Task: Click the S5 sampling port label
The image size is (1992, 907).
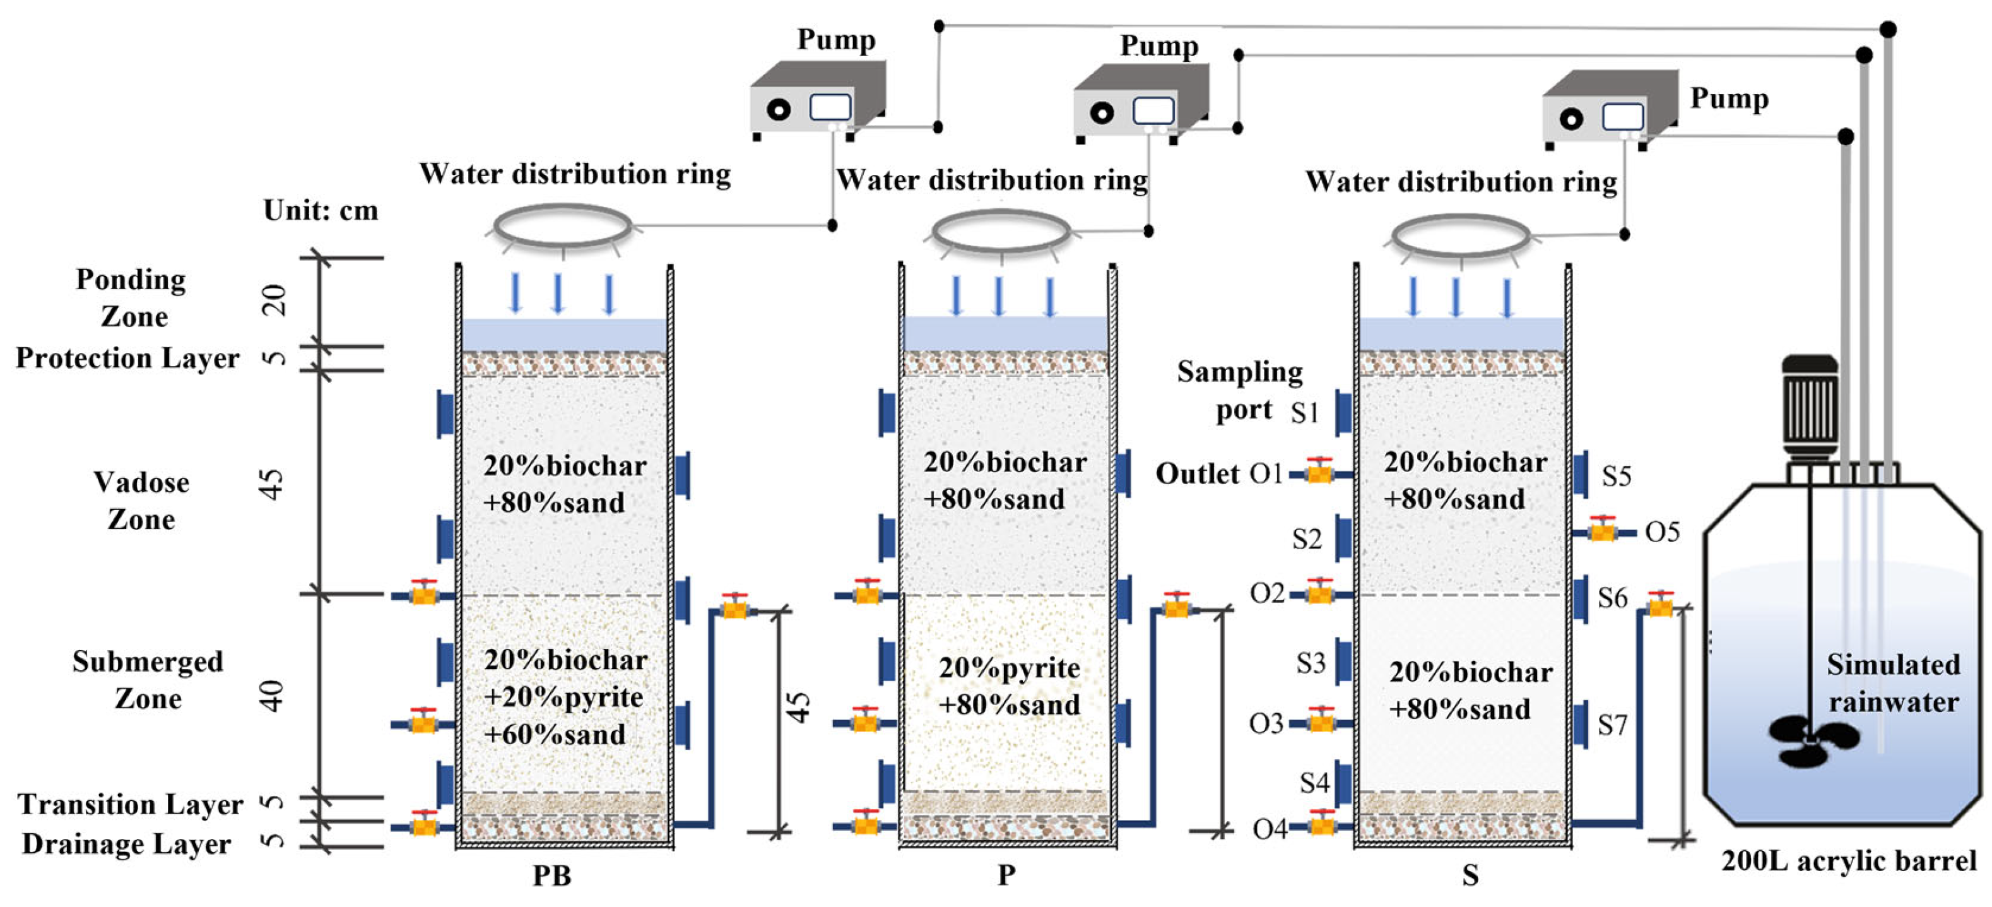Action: (1616, 475)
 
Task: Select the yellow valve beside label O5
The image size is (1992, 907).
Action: (1602, 531)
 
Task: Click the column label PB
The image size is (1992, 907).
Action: (551, 875)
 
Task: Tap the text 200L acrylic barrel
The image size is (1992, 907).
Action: (1848, 860)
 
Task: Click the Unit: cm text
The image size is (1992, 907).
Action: (320, 210)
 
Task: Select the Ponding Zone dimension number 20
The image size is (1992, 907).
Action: (274, 300)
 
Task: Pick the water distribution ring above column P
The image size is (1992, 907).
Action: (1001, 230)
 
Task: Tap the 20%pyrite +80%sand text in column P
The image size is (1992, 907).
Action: (1009, 686)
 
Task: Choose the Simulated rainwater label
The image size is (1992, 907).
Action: (1893, 683)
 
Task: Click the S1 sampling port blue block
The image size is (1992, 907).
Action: (1344, 413)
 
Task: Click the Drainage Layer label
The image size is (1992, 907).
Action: (126, 844)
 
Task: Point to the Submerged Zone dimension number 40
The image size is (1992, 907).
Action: (272, 696)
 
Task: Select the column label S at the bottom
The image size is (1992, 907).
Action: (1470, 875)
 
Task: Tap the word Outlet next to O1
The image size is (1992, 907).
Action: (1196, 473)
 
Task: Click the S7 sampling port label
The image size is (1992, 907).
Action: (1612, 725)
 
